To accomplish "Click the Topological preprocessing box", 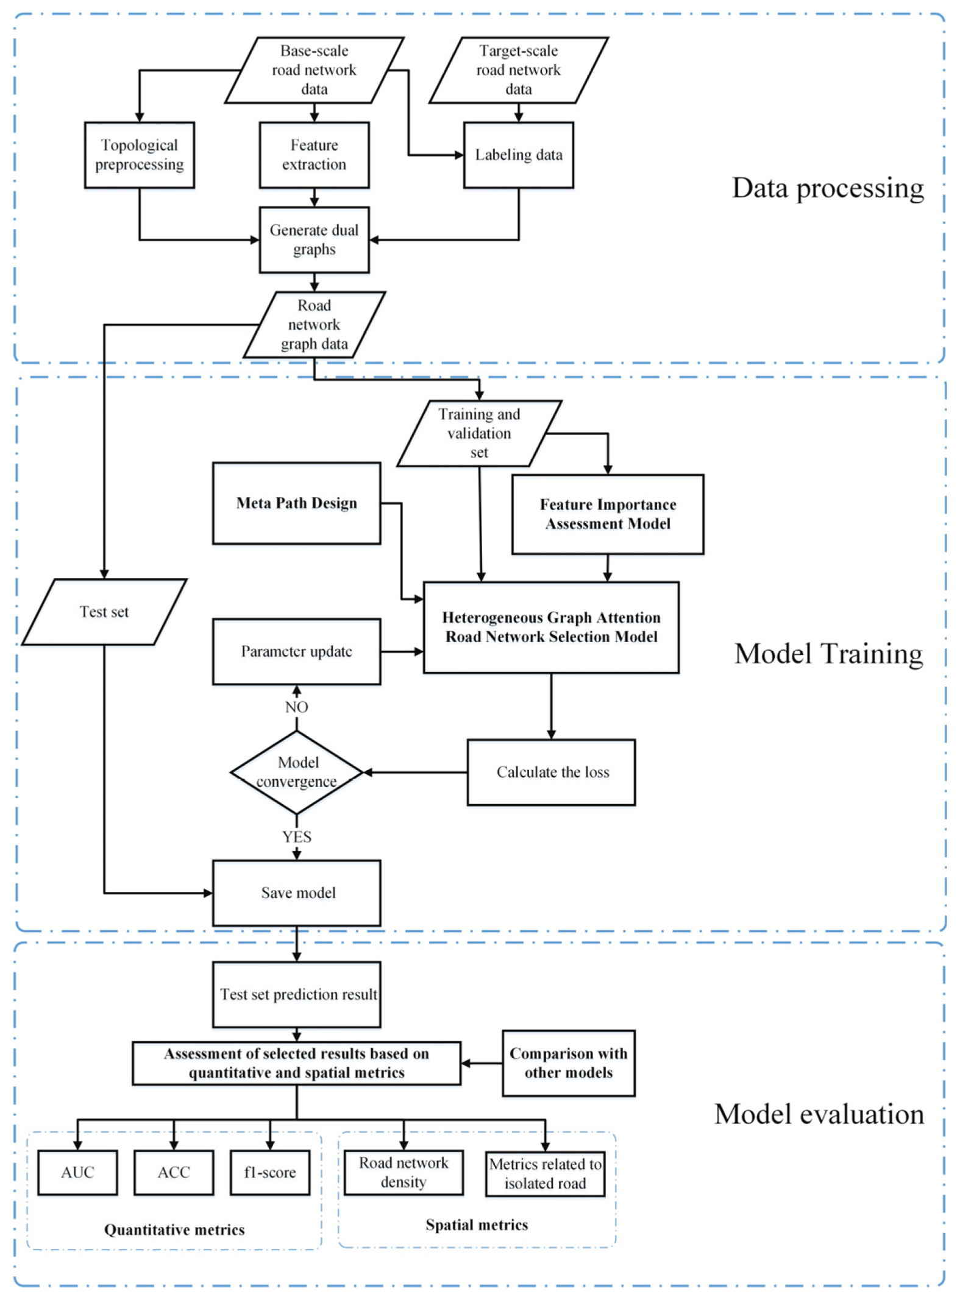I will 139,155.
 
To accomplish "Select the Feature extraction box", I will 314,155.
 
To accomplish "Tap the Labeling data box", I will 518,155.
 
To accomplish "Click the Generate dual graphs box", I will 314,239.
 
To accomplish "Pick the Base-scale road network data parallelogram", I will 314,70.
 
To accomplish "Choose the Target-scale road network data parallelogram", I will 518,70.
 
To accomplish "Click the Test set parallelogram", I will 104,612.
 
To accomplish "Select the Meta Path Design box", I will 296,503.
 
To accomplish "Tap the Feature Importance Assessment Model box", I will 608,514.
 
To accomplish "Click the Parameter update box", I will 296,651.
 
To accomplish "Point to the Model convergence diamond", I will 297,772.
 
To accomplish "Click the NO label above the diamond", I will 297,707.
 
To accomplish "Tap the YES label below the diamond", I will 297,837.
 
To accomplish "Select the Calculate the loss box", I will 552,772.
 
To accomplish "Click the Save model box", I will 297,892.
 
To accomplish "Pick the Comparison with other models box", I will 568,1063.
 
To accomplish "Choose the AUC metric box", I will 77,1172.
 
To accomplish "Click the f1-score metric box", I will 269,1172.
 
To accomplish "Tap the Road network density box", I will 403,1172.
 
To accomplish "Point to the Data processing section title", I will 827,188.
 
